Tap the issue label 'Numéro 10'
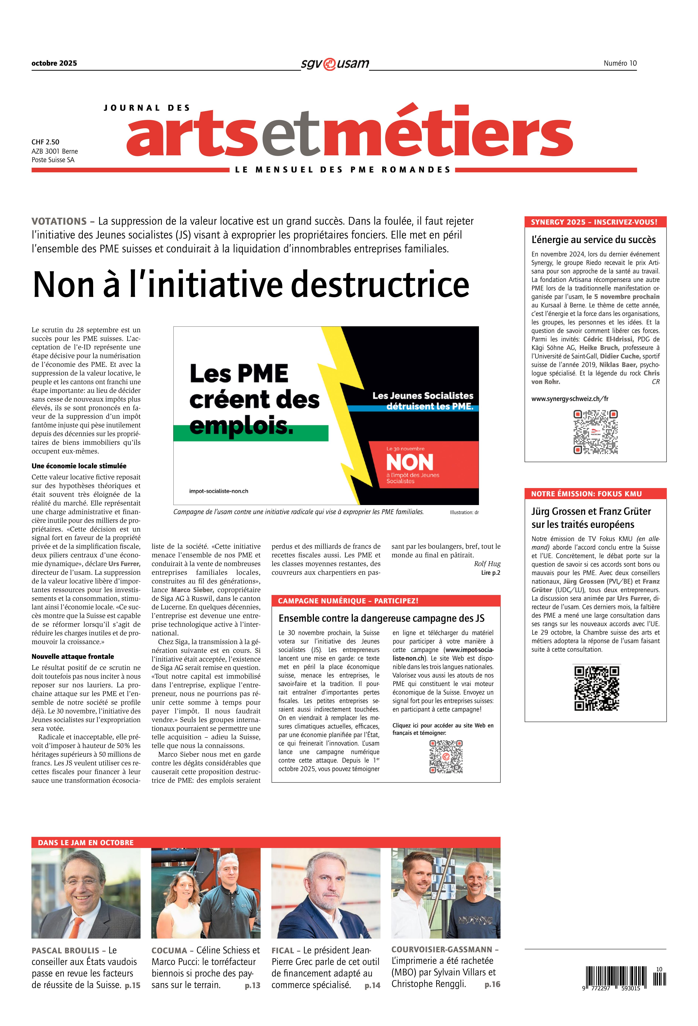pos(620,63)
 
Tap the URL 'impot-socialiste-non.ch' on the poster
pos(218,491)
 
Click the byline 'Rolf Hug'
pos(487,564)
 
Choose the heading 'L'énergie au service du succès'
pos(593,240)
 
